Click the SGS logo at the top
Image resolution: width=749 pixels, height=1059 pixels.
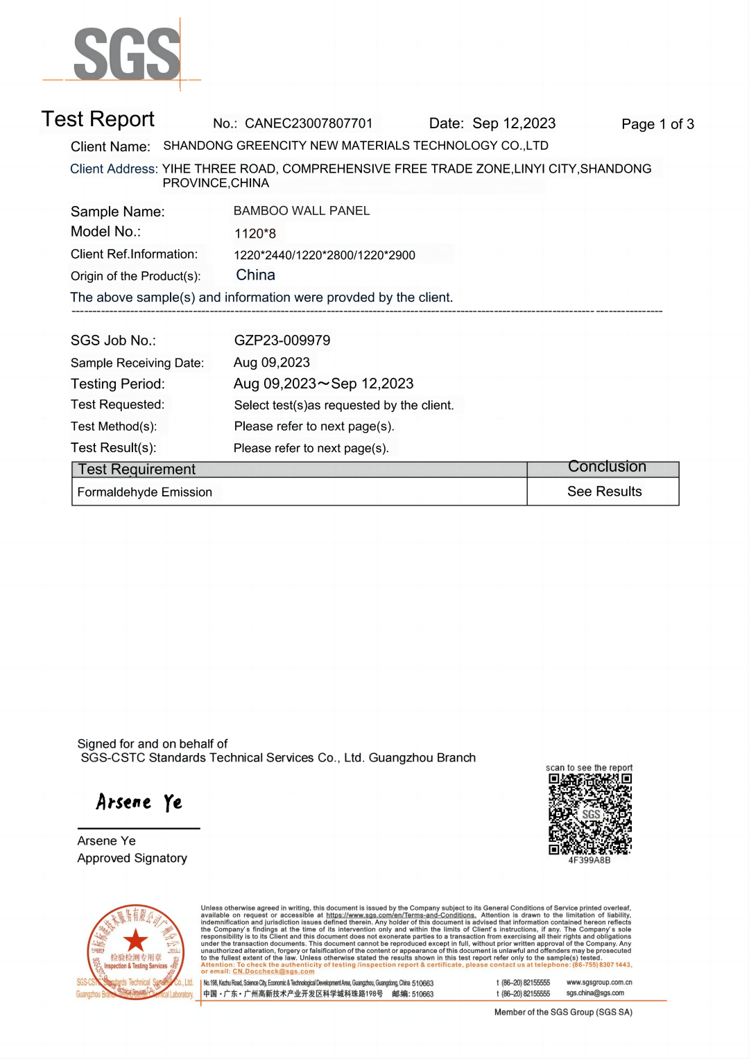pos(127,54)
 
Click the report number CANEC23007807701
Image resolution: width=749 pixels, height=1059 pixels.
pos(309,123)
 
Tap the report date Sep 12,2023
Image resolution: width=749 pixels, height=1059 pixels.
pos(514,123)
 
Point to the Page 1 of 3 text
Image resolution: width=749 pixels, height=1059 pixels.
pos(657,124)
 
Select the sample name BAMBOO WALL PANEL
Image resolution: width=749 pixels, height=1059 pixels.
pos(302,211)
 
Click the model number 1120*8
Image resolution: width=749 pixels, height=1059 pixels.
pos(255,234)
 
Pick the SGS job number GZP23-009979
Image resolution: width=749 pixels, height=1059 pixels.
pos(282,341)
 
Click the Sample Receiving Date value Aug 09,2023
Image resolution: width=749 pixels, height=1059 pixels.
pos(272,363)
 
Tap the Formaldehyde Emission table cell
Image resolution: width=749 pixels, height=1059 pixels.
pos(145,492)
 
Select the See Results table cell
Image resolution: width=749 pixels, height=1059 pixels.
pos(604,492)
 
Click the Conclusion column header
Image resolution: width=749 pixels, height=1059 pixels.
pos(607,467)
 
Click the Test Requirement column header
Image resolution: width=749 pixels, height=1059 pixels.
pos(137,470)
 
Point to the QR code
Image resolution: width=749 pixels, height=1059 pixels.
pos(590,813)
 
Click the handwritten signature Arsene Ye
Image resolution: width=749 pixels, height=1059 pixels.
pos(139,802)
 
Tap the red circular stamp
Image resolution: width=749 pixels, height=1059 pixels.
pos(136,949)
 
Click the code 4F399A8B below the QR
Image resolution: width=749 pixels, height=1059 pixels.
pos(589,861)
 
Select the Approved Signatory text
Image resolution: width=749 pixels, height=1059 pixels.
pos(132,859)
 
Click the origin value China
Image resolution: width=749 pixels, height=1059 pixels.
pos(256,275)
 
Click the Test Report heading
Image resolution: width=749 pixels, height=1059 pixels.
pos(98,119)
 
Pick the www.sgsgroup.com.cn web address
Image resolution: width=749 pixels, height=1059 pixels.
pos(599,983)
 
